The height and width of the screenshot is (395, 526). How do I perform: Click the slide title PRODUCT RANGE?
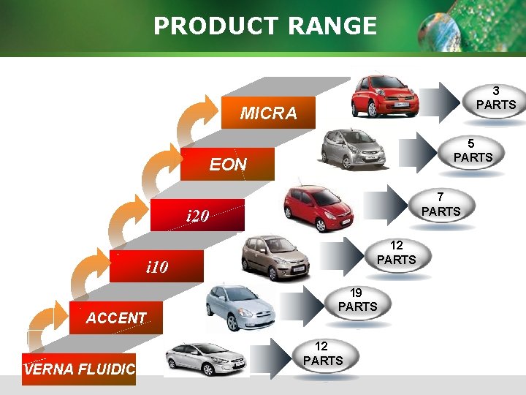(264, 26)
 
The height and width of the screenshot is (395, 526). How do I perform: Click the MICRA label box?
(269, 113)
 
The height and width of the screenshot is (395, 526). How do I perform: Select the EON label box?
(228, 165)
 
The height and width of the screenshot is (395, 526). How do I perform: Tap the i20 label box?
(198, 216)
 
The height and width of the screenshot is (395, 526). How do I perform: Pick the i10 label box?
(157, 267)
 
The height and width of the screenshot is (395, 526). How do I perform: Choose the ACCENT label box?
(115, 317)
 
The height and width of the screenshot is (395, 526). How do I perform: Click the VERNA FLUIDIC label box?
(79, 369)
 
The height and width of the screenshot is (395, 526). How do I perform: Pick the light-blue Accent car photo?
(240, 308)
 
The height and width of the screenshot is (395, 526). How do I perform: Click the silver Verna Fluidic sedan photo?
(207, 358)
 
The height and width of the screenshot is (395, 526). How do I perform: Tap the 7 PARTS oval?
(440, 204)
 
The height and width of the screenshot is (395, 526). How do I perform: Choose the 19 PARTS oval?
(358, 300)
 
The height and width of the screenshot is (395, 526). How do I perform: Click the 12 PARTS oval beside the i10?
(397, 252)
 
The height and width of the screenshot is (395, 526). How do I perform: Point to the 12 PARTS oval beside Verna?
(322, 353)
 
